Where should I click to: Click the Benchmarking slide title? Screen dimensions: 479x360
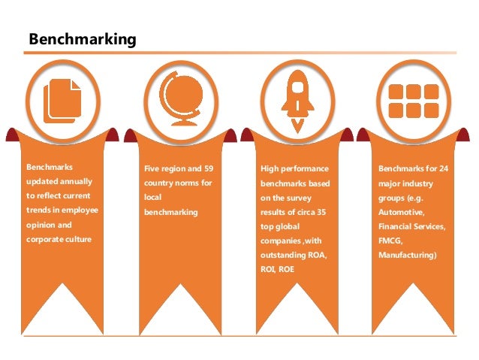pos(82,38)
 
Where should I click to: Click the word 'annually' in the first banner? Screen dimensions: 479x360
pos(77,182)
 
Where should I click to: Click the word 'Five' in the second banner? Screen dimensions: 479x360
pos(152,168)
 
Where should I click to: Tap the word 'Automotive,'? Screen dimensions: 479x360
pos(402,211)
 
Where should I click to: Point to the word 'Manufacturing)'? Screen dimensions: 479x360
pos(408,254)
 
